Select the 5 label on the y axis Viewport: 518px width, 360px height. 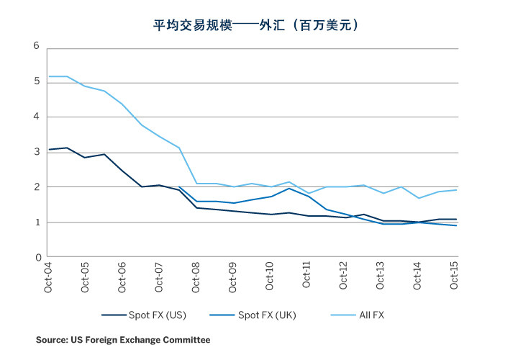click(36, 83)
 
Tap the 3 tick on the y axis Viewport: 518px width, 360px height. click(36, 153)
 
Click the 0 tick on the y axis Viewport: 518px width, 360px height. click(36, 257)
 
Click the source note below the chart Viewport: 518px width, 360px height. click(123, 338)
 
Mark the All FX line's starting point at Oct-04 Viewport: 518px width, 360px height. click(48, 76)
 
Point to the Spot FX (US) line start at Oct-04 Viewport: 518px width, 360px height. click(48, 150)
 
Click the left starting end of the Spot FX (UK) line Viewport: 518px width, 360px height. click(178, 186)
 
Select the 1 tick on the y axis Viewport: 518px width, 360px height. click(36, 222)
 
